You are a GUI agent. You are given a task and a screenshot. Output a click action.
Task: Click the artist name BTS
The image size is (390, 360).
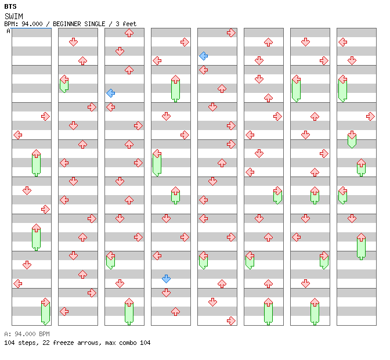[10, 6]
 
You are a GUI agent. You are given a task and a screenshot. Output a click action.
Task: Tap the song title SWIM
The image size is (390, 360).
[14, 16]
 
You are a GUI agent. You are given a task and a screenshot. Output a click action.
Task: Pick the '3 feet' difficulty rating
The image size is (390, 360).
[126, 24]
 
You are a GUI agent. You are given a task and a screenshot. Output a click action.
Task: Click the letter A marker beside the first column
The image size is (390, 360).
[9, 31]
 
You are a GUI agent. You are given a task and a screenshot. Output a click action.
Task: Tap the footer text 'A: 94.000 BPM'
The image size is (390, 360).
[27, 334]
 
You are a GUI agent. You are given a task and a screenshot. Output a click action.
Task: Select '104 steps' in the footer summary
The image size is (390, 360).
[21, 343]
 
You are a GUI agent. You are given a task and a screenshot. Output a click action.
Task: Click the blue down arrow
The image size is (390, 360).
[166, 279]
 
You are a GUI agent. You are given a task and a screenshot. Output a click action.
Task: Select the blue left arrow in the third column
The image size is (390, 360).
[110, 93]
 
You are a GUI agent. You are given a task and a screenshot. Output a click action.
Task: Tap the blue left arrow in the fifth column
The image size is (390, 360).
[204, 56]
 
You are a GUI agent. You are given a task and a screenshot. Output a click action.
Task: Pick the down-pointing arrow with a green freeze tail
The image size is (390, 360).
[352, 139]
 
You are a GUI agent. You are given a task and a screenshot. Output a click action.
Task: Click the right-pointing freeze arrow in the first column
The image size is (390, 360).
[45, 311]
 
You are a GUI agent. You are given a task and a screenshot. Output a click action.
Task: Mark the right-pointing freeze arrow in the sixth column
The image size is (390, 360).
[277, 195]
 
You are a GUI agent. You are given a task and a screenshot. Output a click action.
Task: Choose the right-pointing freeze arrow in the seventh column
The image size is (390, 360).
[324, 260]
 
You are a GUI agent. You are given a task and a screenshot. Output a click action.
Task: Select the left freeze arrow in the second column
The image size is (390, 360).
[64, 84]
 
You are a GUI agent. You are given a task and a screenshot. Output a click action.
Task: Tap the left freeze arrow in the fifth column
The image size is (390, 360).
[204, 260]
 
